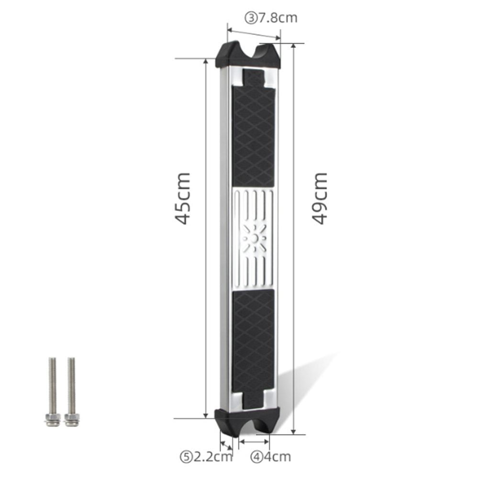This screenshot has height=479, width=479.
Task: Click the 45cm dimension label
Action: click(183, 199)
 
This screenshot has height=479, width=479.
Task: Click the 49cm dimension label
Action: click(320, 199)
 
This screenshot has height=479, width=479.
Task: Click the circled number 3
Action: click(251, 18)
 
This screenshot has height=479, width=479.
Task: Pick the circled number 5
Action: click(186, 457)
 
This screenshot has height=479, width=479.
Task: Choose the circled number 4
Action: click(256, 457)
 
